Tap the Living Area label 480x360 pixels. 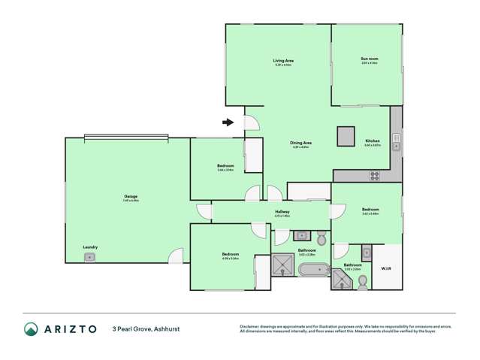click(x=282, y=61)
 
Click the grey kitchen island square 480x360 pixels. click(x=346, y=135)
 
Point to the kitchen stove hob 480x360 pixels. click(x=374, y=176)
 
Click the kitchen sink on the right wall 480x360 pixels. click(x=396, y=146)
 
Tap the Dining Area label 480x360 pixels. click(x=301, y=143)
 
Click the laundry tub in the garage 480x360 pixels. click(x=89, y=257)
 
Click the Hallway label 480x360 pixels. click(x=282, y=212)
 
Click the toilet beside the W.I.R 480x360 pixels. click(x=363, y=281)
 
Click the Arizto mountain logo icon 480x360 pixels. click(x=30, y=328)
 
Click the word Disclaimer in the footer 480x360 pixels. click(x=250, y=326)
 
